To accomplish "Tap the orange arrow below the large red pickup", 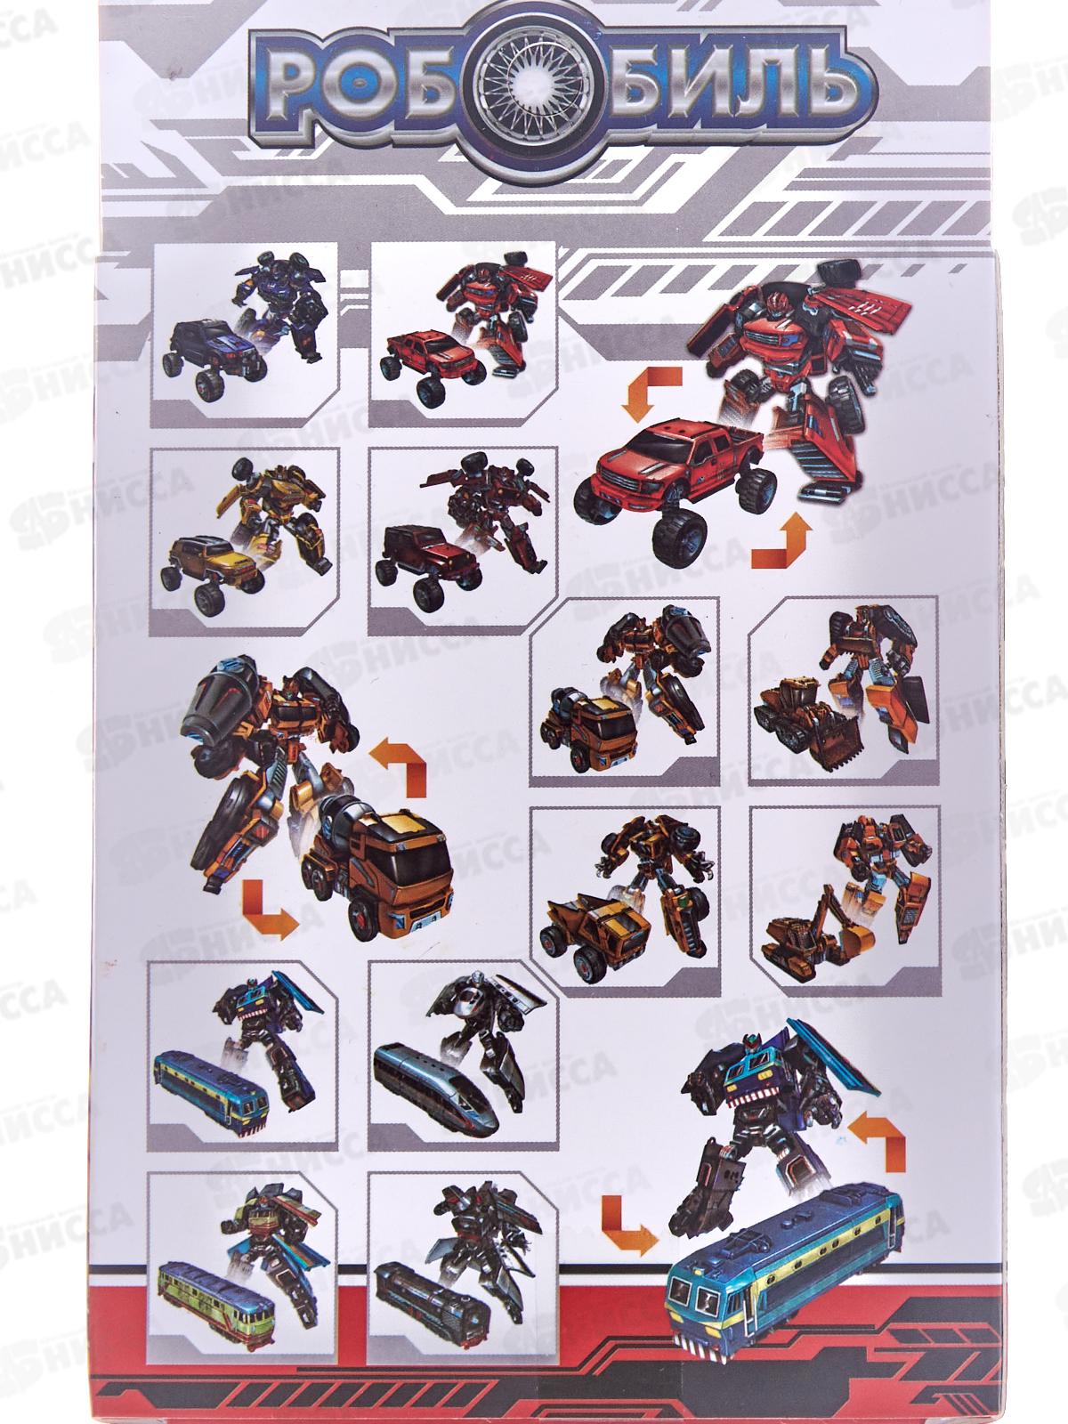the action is pos(781,542).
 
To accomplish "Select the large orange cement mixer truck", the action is pos(378,870).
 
